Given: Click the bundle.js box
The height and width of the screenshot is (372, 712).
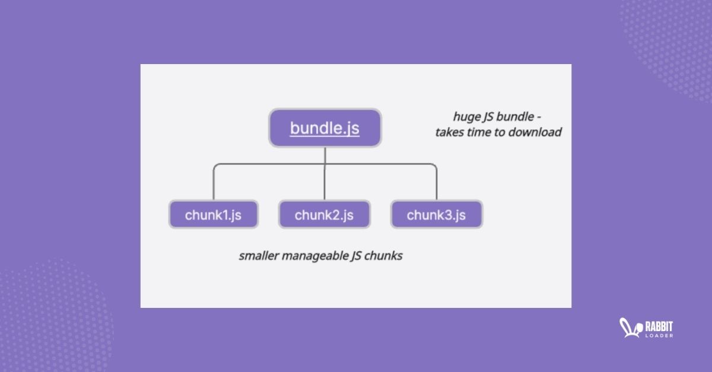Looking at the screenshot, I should [x=325, y=128].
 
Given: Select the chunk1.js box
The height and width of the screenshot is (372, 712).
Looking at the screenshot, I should [x=213, y=215].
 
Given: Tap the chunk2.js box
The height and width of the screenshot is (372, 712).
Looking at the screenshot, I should [x=324, y=215].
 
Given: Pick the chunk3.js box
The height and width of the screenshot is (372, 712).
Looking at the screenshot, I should [x=436, y=215].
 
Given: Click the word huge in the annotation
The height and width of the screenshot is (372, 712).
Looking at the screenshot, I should [x=465, y=116].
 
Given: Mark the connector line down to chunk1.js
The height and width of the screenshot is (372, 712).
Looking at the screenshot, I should [x=213, y=184].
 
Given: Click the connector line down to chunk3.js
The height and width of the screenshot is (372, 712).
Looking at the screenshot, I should [x=436, y=184].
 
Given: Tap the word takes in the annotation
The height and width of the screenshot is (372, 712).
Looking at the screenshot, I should [x=449, y=132].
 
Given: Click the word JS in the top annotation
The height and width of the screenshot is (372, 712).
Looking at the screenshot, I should [x=487, y=116].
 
